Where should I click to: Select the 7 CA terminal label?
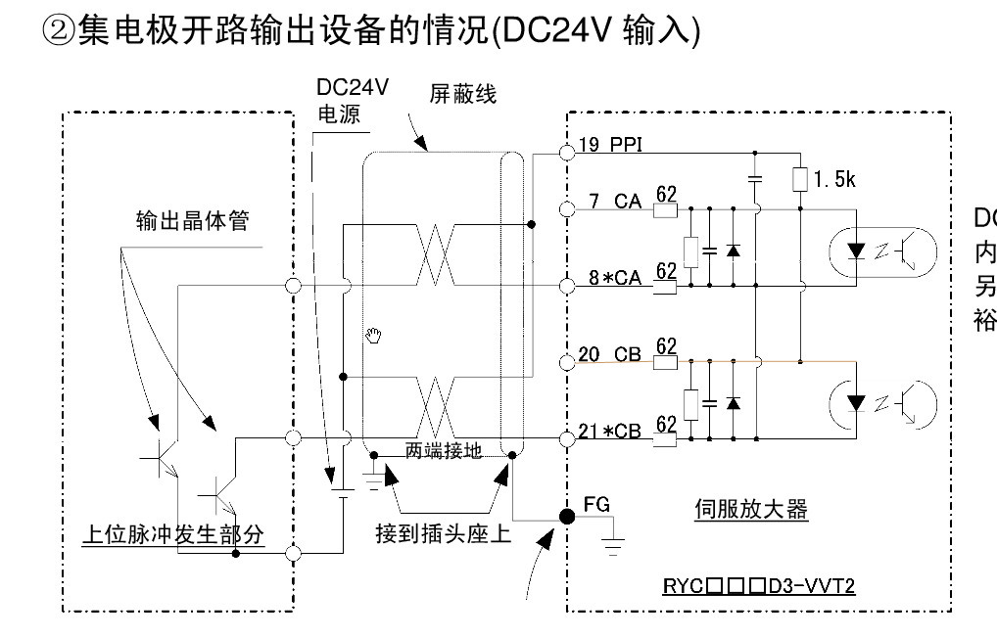pos(614,203)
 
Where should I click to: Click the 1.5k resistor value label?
pos(833,180)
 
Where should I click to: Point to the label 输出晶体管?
pos(192,221)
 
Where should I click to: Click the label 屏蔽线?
pos(462,94)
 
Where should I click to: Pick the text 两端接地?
pos(442,452)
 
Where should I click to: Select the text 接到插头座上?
pos(444,535)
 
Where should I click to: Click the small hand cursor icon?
pos(373,337)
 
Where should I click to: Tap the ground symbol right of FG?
pos(614,543)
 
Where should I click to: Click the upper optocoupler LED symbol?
pos(857,252)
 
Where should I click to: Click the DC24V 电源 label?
pos(352,101)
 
